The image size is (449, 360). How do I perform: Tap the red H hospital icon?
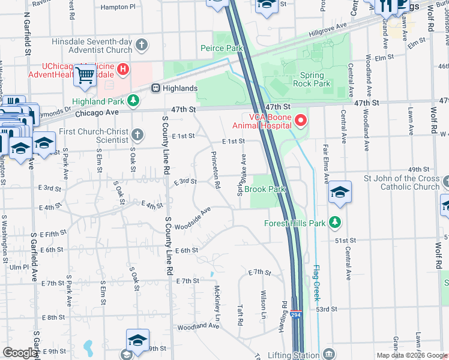124,70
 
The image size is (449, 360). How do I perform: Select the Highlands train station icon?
155,88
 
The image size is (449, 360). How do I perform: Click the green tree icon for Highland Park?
134,101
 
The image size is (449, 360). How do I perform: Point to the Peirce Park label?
220,48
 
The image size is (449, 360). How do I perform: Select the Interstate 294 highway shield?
295,314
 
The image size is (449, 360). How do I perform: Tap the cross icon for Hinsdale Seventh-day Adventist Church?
142,44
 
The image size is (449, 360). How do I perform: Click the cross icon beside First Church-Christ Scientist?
138,133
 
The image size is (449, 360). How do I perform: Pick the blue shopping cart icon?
85,75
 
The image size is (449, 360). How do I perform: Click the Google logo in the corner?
20,353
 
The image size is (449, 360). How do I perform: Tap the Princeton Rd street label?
215,169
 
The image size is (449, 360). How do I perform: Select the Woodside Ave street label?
193,219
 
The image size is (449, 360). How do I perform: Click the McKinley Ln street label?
217,302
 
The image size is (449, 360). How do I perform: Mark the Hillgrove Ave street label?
328,29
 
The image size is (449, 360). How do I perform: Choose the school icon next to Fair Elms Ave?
340,192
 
